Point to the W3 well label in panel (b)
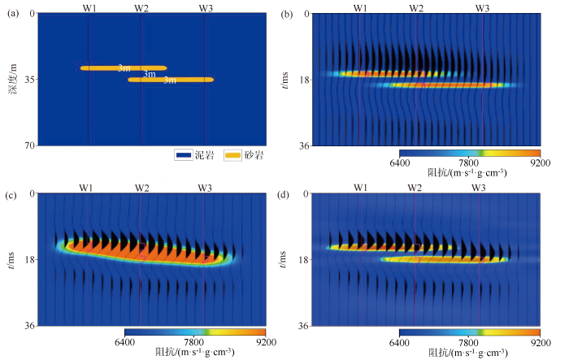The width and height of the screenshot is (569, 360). [x=482, y=7]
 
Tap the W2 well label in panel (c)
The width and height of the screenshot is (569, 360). [x=141, y=188]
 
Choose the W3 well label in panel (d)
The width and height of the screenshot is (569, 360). [x=479, y=188]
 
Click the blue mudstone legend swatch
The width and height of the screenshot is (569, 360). [x=182, y=154]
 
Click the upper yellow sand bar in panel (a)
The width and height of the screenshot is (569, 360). [x=123, y=68]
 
